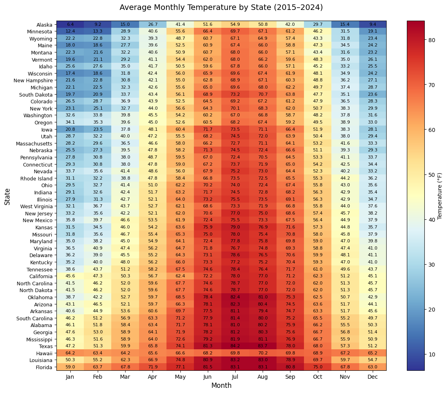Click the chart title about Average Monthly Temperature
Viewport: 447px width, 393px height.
click(221, 8)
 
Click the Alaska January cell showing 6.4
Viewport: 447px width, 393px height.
click(70, 25)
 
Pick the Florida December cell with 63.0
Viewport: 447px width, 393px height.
click(372, 367)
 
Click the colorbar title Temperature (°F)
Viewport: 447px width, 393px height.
click(440, 196)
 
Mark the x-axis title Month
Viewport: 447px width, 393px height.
click(221, 385)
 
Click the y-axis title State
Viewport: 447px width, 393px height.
click(8, 196)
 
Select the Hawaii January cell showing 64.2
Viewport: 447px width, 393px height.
click(70, 353)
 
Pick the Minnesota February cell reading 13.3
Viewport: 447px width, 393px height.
click(98, 32)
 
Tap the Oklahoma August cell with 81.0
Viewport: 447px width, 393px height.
click(262, 297)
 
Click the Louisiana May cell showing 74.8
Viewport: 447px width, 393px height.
click(180, 360)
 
